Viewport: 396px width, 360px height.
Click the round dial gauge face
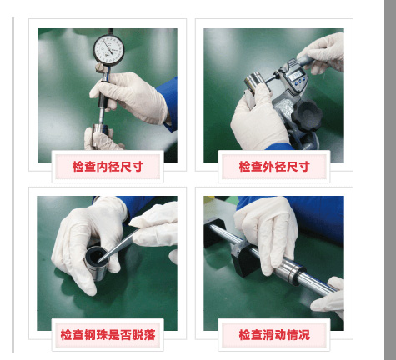108,49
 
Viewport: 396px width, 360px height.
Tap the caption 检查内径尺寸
108,167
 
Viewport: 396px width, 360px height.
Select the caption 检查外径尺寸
274,167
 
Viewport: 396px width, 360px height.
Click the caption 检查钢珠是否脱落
108,335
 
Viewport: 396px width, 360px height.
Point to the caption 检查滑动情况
274,335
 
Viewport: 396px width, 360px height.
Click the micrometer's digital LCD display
296,75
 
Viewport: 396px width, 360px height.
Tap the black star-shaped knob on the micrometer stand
307,115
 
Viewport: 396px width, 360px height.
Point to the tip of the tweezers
98,262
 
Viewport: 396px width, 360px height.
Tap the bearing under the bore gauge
100,132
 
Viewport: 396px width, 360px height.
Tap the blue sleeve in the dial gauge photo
168,103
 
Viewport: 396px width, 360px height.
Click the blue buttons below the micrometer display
300,82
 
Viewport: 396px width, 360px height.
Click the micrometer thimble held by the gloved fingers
305,60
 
